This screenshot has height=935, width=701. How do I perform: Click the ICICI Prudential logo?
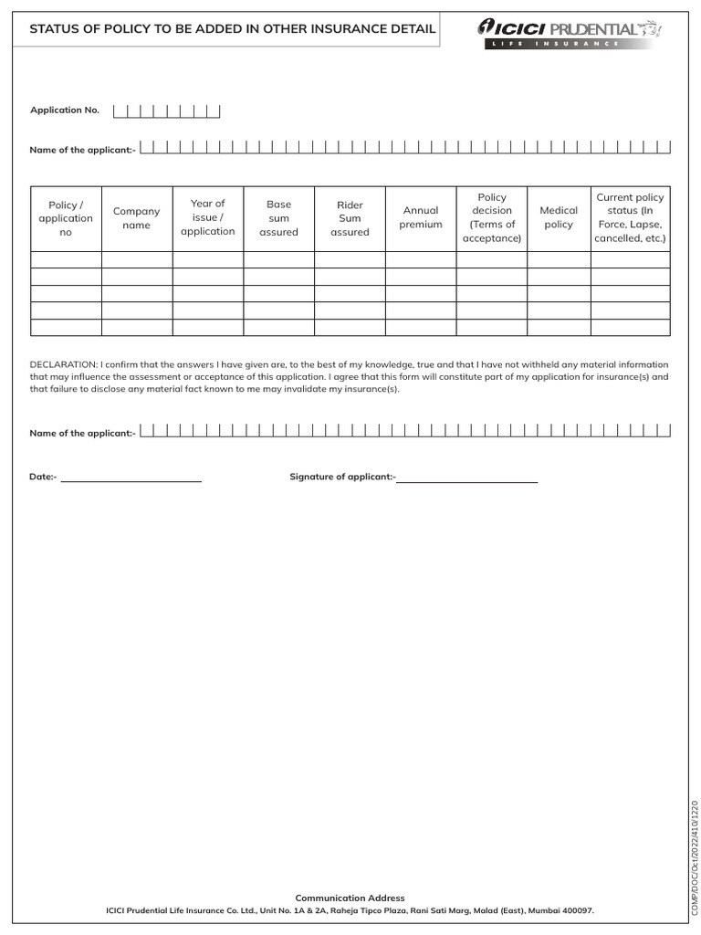pos(567,31)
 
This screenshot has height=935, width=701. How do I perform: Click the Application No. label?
pos(65,110)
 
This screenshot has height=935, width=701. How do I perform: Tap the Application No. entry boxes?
pos(167,111)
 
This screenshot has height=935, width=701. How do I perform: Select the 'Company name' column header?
pos(136,218)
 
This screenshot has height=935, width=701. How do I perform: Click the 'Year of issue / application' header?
pos(207,217)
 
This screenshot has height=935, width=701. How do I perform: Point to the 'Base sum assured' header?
pos(278,218)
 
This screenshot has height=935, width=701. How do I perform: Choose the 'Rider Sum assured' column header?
pos(350,218)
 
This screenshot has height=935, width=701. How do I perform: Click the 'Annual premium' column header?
pos(421,217)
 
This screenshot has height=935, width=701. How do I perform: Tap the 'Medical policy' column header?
pos(559,217)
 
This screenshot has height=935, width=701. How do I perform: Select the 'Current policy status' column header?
pos(630,217)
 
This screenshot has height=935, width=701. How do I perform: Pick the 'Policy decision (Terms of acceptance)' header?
pos(492,217)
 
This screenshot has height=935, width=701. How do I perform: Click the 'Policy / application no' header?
pos(66,218)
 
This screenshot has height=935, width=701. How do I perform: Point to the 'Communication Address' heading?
pos(350,898)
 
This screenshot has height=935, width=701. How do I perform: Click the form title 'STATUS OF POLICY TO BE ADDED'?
pos(233,29)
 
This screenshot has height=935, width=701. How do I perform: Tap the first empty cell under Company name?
pos(136,259)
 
